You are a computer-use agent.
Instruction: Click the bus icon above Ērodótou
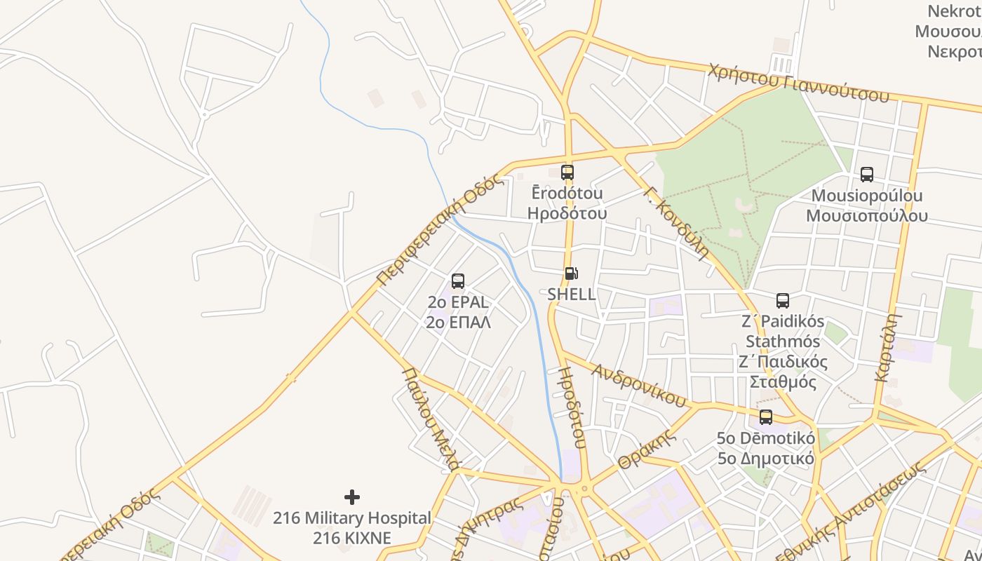[567, 172]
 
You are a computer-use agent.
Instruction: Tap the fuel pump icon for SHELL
[571, 273]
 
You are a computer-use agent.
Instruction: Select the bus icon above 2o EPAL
[458, 281]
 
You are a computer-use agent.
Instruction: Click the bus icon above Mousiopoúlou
[866, 175]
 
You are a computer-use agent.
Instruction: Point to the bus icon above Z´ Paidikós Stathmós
[783, 301]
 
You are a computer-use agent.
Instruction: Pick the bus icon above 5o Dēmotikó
[765, 417]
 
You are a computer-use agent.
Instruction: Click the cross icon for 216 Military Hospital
[352, 497]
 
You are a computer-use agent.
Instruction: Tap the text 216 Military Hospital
[352, 518]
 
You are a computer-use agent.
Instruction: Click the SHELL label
[572, 294]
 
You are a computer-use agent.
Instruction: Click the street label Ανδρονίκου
[638, 385]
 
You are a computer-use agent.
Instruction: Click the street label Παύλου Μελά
[431, 417]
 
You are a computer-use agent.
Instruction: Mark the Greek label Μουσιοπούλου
[866, 215]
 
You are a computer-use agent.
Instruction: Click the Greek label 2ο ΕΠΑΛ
[458, 322]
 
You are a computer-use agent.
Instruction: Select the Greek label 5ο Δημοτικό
[765, 459]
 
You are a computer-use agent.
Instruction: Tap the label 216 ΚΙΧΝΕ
[352, 538]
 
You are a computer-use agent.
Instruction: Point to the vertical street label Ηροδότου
[571, 407]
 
